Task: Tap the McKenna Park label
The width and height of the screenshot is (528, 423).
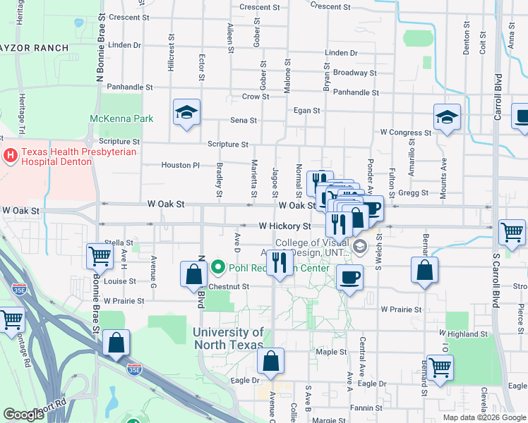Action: (121, 118)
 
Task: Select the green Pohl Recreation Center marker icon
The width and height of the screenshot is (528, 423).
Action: (218, 268)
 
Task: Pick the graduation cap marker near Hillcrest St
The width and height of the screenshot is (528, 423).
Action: (187, 113)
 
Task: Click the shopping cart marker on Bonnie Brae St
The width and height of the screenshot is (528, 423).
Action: (100, 257)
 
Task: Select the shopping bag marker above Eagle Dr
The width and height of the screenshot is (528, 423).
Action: (270, 362)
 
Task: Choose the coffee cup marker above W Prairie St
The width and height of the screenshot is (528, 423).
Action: (349, 277)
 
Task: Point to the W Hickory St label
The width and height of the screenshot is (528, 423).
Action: (284, 226)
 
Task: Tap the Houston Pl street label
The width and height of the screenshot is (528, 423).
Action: (176, 165)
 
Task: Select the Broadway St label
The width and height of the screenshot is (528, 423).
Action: (350, 73)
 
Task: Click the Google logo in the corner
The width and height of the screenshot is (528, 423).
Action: (23, 415)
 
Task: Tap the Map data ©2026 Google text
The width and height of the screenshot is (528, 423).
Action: (484, 417)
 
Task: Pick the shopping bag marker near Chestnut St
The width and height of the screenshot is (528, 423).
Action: (193, 275)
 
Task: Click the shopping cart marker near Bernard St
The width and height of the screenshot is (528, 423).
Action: (440, 367)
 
